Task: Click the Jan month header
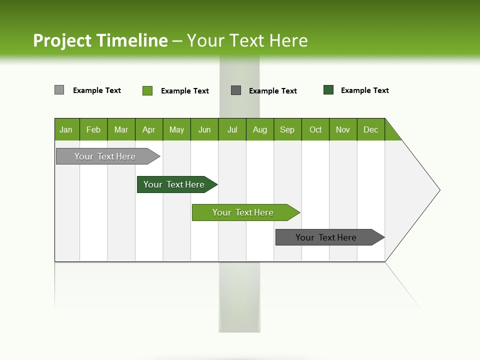66,129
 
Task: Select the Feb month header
93,129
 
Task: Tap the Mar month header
121,129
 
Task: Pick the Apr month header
149,129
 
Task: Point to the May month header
176,129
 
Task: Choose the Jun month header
204,129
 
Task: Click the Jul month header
232,129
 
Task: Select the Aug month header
260,129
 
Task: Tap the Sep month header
287,129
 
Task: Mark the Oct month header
315,129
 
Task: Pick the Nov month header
343,129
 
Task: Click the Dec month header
371,129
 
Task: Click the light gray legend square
59,90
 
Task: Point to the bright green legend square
147,90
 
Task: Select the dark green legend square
328,90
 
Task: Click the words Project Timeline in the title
100,40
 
